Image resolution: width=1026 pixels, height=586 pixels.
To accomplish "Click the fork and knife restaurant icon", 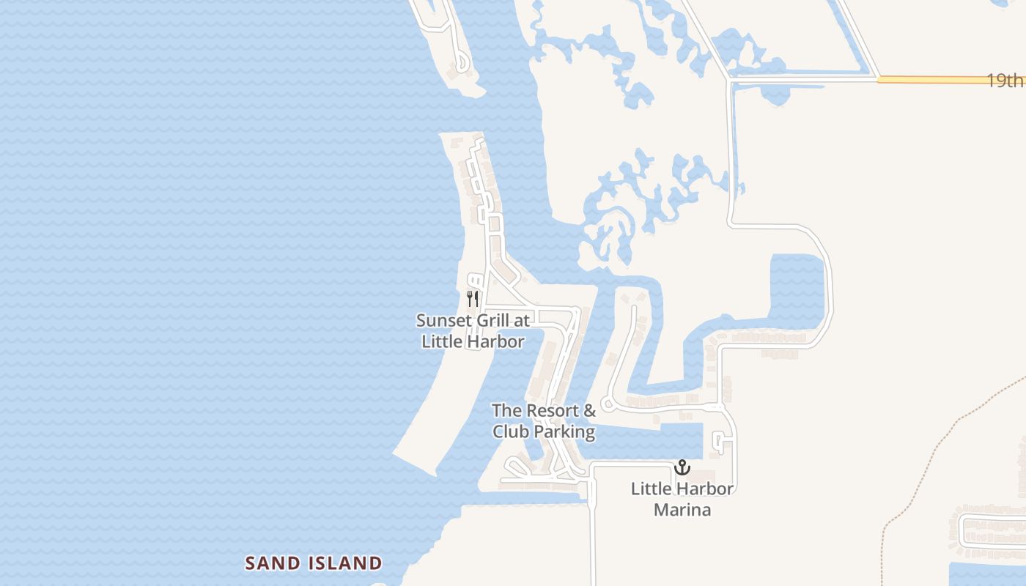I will (473, 298).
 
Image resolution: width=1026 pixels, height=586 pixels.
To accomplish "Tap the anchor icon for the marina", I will (682, 467).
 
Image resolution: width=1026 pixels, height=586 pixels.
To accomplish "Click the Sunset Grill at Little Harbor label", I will (473, 331).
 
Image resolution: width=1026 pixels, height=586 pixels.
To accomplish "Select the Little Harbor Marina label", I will (682, 499).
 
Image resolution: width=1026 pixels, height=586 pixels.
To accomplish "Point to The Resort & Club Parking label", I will (544, 421).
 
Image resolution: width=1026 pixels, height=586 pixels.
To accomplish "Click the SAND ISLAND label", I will (314, 563).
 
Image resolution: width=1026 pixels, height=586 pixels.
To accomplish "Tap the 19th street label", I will (1004, 80).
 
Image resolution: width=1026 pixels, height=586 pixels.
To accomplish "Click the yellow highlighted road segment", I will (931, 79).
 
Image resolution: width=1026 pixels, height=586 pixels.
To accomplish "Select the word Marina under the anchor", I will (682, 509).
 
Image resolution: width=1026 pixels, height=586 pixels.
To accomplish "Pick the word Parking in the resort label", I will (564, 431).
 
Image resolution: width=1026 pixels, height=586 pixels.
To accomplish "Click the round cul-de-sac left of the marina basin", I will (607, 404).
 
